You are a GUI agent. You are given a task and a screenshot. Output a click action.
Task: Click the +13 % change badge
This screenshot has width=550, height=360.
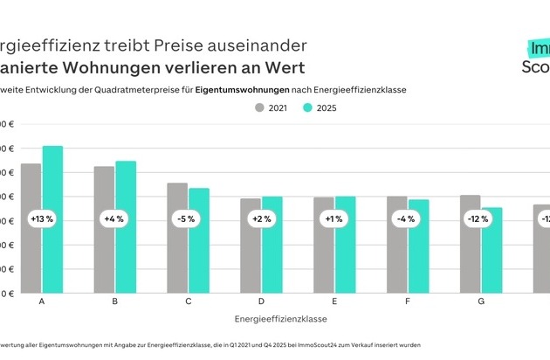point(42,220)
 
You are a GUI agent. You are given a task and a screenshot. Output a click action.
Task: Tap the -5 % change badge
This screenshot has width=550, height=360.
point(188,220)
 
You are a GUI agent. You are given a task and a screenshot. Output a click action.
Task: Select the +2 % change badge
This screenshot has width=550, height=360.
point(261,220)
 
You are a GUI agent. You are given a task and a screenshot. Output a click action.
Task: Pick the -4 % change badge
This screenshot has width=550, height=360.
point(408,220)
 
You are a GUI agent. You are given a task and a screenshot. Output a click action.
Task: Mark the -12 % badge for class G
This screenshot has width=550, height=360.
point(480,220)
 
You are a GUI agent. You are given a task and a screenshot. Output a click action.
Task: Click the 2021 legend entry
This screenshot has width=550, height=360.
point(271,108)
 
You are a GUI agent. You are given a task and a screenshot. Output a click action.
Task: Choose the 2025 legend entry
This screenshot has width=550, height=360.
point(320,108)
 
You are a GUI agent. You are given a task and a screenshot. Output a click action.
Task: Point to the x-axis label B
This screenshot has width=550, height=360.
point(115,301)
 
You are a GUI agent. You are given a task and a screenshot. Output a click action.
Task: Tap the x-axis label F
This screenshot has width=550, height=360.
point(408,301)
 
